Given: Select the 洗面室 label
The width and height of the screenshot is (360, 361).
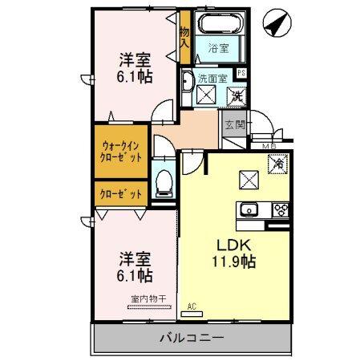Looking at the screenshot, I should (x=212, y=77).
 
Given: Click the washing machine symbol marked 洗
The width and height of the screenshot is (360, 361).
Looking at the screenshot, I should (x=237, y=96).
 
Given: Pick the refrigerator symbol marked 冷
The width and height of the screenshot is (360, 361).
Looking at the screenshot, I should (x=278, y=163).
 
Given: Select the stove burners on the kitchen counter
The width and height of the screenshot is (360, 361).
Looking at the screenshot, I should (x=281, y=210).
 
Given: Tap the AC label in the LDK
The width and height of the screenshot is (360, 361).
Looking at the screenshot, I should (x=192, y=306).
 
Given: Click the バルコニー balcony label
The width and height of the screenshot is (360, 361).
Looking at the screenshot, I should (x=191, y=337).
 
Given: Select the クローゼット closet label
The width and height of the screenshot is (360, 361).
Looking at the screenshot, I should (x=121, y=194).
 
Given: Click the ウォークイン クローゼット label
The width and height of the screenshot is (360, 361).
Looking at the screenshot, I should (x=122, y=152).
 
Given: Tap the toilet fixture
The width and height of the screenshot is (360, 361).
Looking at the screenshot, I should (x=165, y=182).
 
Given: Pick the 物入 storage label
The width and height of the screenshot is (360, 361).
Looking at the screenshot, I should (x=184, y=36).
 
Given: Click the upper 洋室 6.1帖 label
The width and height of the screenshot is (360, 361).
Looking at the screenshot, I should (x=136, y=67).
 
